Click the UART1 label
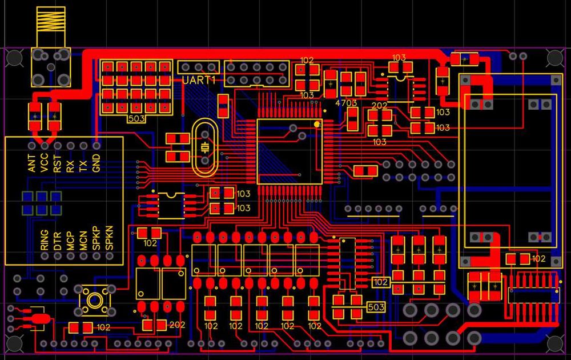coord(199,80)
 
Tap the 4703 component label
coord(346,103)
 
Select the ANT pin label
coord(31,163)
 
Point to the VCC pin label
coord(45,163)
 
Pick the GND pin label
coord(96,163)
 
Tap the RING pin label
coord(45,240)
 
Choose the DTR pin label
coord(58,241)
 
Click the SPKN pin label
coord(109,238)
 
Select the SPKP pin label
coord(96,238)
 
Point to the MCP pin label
coord(70,241)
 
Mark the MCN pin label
coord(83,241)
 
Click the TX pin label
coord(83,166)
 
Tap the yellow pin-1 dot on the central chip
coord(317,124)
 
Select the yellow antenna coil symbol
coord(51,19)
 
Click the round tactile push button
coord(95,300)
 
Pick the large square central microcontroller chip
coord(289,151)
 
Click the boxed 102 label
coord(380,282)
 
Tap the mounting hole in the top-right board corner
coord(555,58)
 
